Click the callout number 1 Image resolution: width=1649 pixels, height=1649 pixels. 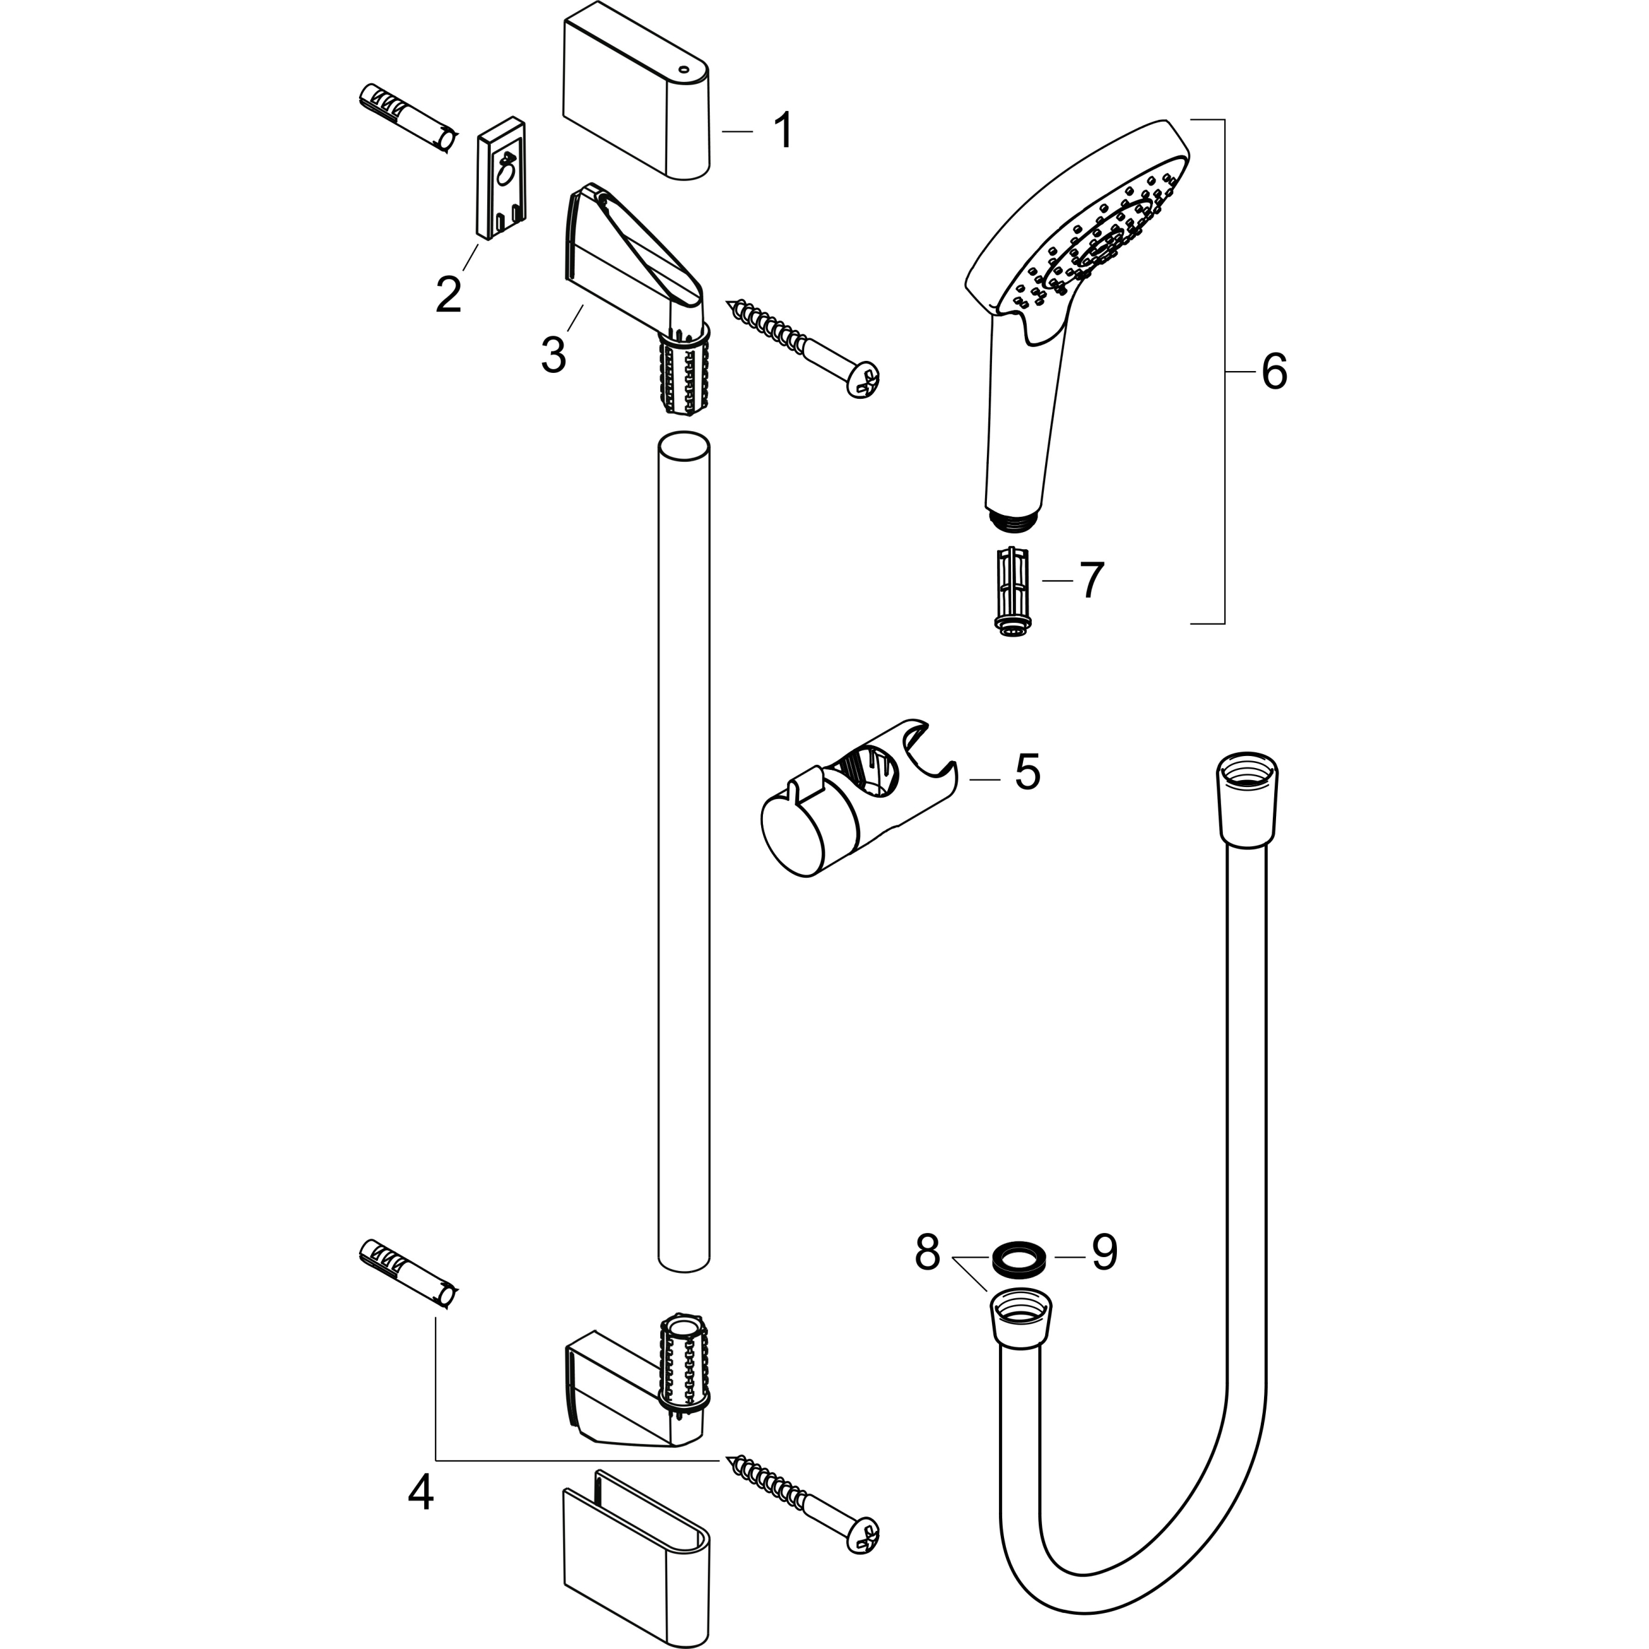(x=783, y=131)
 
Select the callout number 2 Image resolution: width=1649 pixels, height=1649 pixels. (x=448, y=294)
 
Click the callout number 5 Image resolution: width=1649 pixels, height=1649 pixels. (x=1027, y=772)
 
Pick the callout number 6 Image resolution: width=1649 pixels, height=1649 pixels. (x=1274, y=372)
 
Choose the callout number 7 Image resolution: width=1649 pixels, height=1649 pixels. (x=1092, y=580)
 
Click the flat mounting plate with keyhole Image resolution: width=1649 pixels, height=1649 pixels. (x=501, y=177)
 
